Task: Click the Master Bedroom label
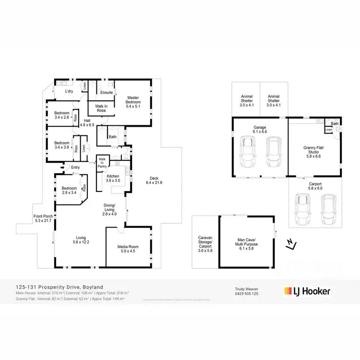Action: pyautogui.click(x=133, y=102)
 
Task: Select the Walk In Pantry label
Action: pyautogui.click(x=102, y=162)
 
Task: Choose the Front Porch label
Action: pyautogui.click(x=44, y=218)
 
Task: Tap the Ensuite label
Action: pyautogui.click(x=107, y=92)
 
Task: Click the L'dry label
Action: pyautogui.click(x=69, y=91)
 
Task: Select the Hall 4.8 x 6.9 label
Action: pyautogui.click(x=87, y=123)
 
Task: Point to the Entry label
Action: pyautogui.click(x=75, y=167)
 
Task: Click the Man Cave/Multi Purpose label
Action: pyautogui.click(x=248, y=242)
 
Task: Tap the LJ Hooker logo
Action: pyautogui.click(x=307, y=291)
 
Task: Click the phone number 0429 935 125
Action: pyautogui.click(x=246, y=294)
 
